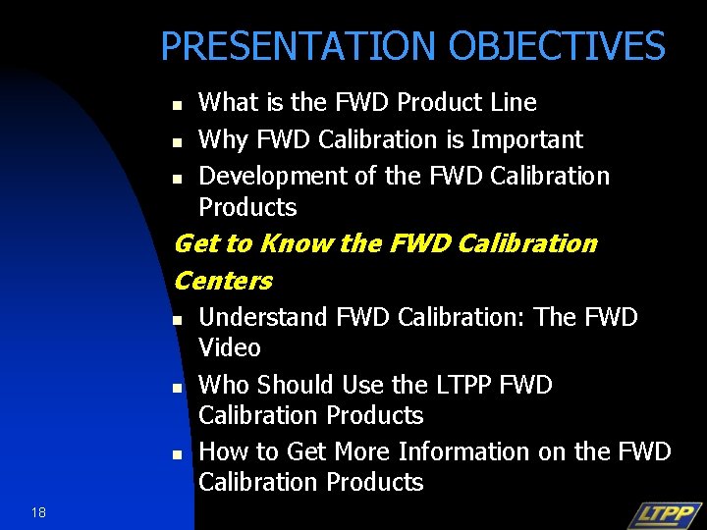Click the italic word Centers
pos(223,281)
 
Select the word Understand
pos(262,318)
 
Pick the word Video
pos(230,348)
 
